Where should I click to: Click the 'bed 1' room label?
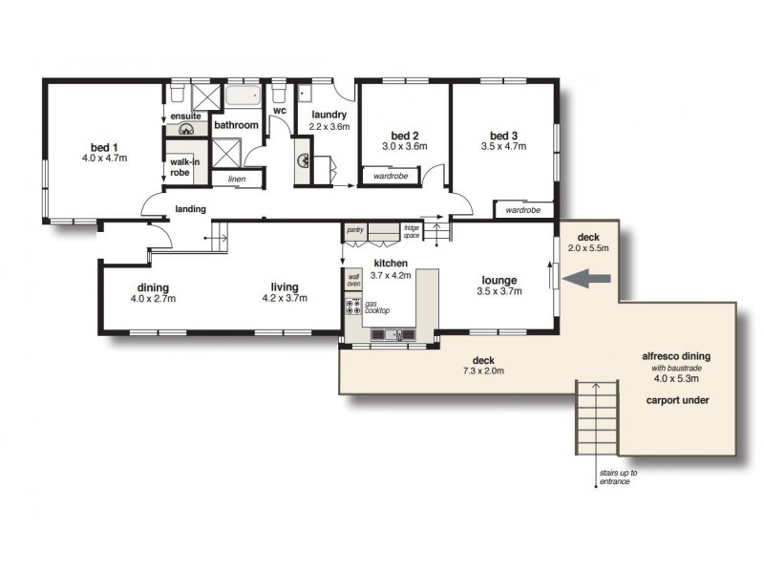103,146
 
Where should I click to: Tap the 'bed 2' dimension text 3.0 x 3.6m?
404,147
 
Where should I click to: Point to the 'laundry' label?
328,115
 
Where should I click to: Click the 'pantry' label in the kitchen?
354,229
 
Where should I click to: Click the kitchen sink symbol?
391,334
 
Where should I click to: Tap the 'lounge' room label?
500,280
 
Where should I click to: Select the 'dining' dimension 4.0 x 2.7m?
153,299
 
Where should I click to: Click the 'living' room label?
285,286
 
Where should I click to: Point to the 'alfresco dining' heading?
675,356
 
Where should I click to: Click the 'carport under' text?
675,400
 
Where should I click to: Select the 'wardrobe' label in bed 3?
522,209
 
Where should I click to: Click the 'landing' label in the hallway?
190,208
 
